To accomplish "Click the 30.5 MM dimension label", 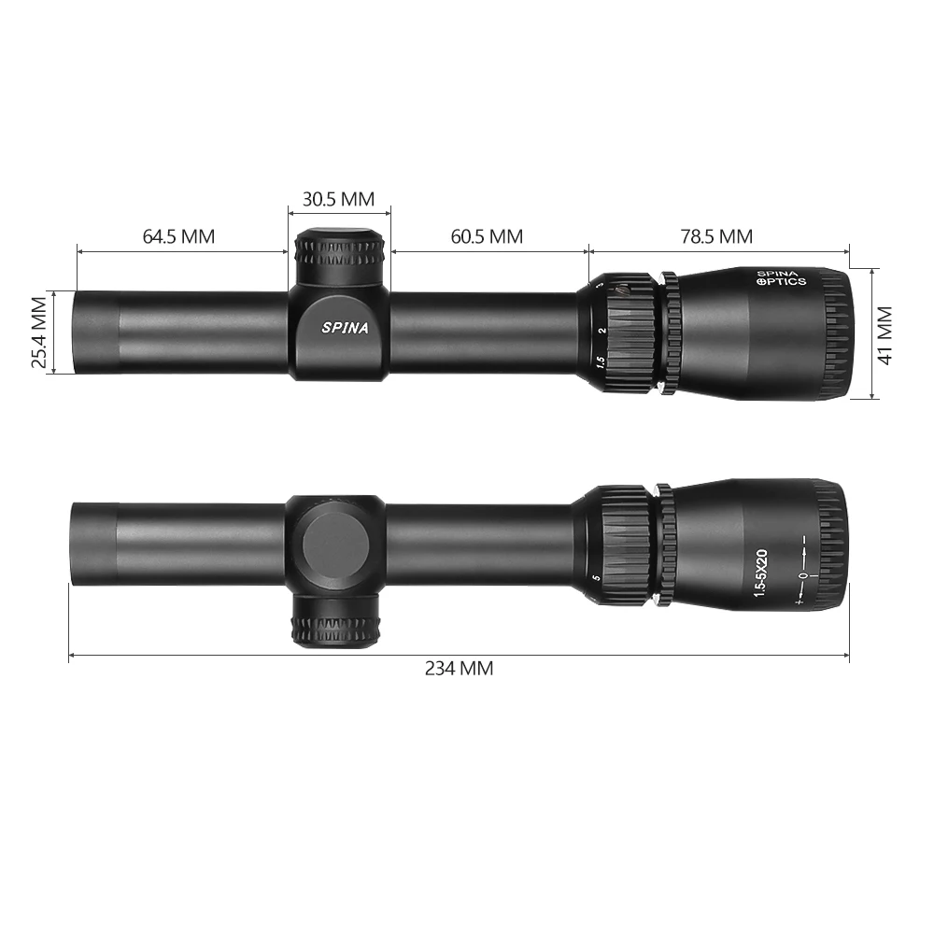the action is [338, 199].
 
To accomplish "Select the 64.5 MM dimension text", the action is [178, 236].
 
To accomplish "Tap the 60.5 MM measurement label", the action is [487, 236].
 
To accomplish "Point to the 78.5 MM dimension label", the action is [716, 236].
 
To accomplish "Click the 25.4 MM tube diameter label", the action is [39, 333].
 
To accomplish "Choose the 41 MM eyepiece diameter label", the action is [885, 335].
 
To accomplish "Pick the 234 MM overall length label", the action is [459, 669].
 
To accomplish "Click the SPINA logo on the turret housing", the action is [345, 328].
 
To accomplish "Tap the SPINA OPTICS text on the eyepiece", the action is [781, 278].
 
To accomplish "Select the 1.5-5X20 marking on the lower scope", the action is [760, 573].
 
